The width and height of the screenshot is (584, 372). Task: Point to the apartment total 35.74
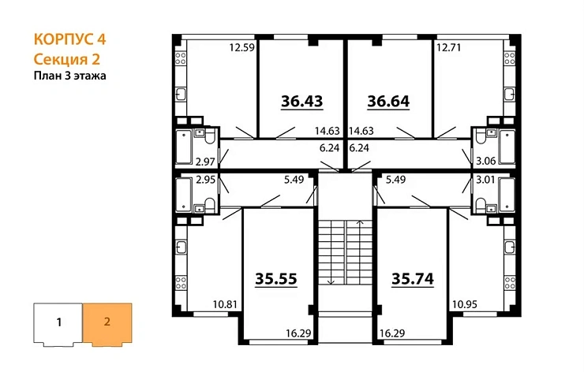[413, 278]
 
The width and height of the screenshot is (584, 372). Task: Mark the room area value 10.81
[225, 303]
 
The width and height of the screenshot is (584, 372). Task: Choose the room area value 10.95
[463, 303]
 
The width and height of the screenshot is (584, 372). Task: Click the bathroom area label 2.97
[205, 162]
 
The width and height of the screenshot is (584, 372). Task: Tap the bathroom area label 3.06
[485, 162]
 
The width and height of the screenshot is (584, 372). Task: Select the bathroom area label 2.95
[205, 180]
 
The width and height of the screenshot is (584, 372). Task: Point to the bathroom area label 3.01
[485, 180]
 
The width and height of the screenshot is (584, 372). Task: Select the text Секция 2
[68, 59]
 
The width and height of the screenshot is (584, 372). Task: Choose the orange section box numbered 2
[107, 322]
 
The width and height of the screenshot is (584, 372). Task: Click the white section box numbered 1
[58, 322]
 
